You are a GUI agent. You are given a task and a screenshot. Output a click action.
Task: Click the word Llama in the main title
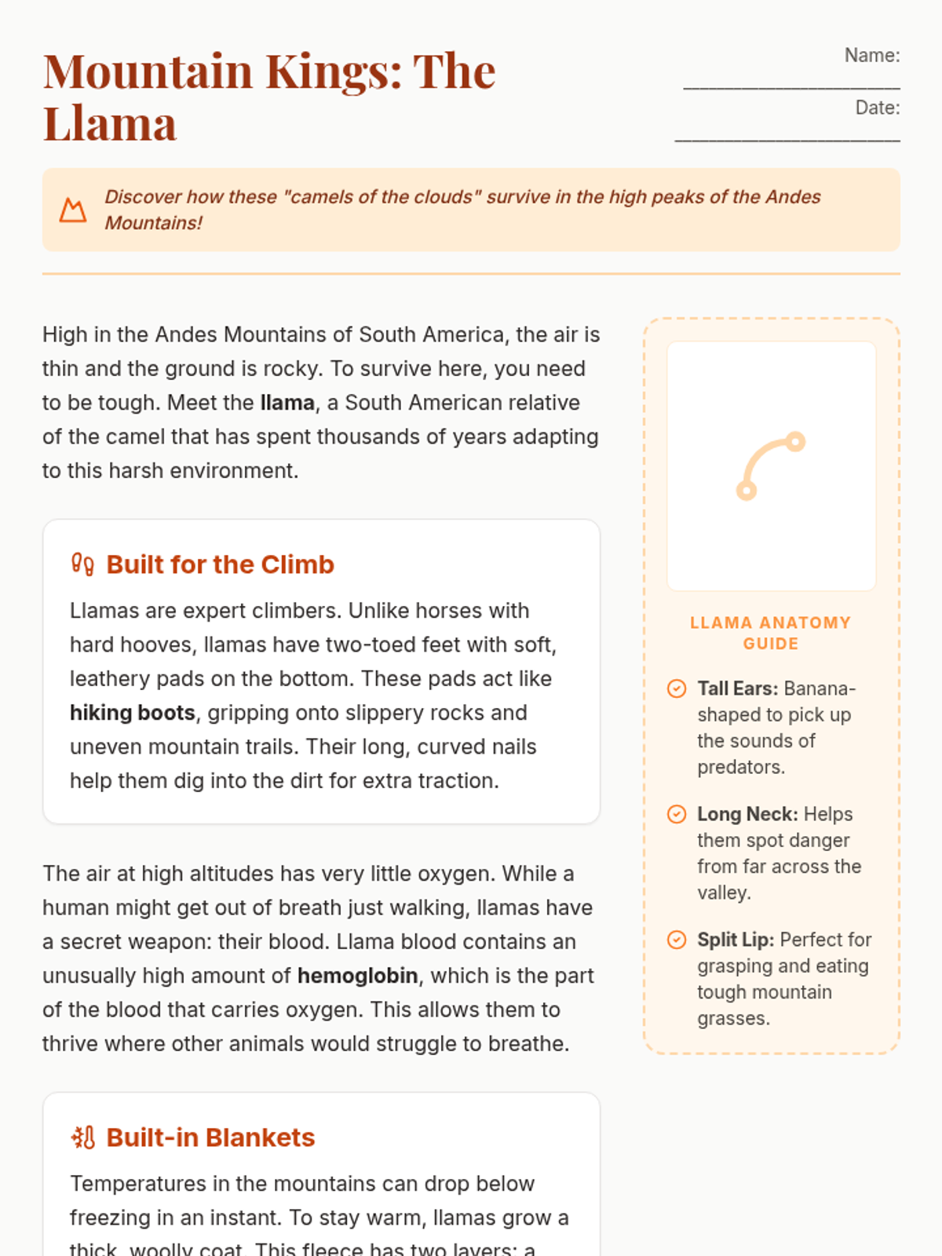110,124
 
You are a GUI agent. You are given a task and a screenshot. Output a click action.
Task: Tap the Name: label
871,56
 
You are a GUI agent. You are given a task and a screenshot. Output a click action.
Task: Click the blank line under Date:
787,140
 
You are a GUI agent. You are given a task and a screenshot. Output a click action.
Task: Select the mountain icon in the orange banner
73,210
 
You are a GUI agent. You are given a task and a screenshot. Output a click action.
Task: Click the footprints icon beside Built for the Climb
82,564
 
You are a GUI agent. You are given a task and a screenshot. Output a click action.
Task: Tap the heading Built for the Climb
220,564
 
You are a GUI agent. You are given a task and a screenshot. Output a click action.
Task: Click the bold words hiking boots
132,713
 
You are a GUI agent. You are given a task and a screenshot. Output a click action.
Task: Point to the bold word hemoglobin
357,976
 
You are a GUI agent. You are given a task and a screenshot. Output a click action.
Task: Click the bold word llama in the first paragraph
287,403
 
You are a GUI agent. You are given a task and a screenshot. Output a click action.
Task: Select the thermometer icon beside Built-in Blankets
82,1137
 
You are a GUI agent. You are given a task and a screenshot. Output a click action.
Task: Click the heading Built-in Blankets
210,1137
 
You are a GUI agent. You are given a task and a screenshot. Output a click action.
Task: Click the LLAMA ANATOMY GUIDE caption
770,633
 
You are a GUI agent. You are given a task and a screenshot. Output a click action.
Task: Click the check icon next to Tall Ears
677,688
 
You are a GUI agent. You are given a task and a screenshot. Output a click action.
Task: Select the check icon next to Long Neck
677,814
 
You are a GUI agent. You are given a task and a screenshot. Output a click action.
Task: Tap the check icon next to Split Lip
677,940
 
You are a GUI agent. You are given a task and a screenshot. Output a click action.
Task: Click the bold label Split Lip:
736,940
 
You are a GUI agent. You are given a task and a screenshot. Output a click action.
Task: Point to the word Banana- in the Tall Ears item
820,688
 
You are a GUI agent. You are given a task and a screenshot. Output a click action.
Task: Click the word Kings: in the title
334,71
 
